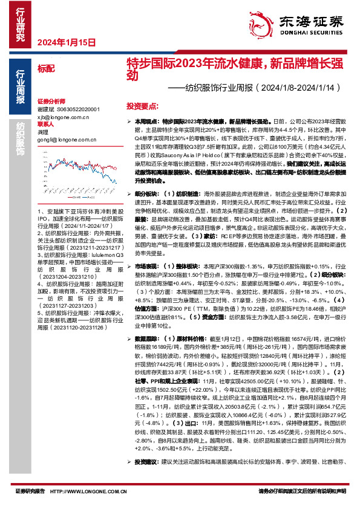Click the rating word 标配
pyautogui.click(x=45, y=70)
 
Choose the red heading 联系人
pyautogui.click(x=45, y=124)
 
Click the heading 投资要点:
pyautogui.click(x=143, y=105)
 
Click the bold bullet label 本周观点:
pyautogui.click(x=148, y=122)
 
